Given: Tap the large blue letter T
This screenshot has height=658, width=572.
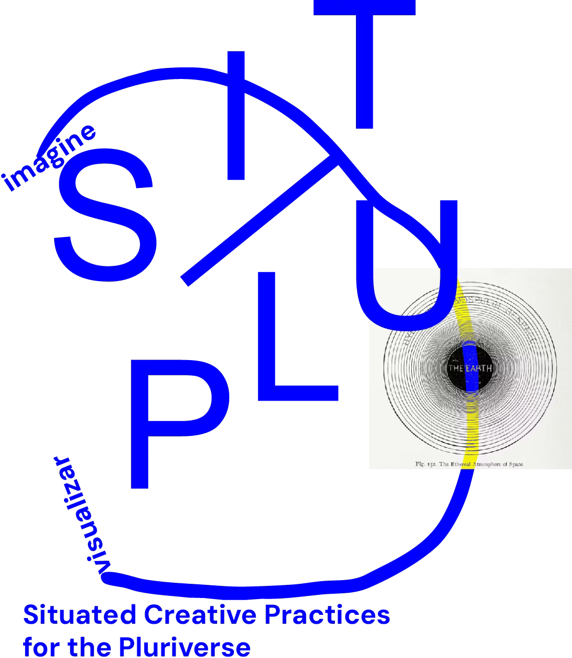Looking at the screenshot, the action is (x=364, y=63).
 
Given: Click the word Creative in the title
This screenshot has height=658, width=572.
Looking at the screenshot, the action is (x=200, y=615).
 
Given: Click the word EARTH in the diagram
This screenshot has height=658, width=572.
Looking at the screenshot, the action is (x=478, y=368).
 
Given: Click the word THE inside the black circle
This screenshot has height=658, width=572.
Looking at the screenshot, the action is (x=455, y=368).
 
